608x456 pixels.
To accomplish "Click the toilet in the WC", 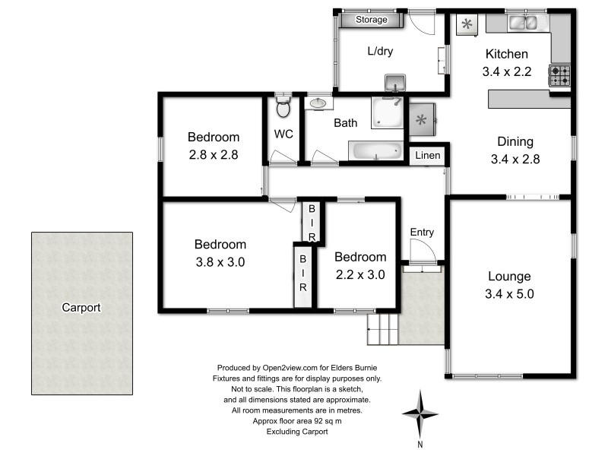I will tap(283, 109).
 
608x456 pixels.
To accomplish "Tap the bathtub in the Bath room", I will tap(376, 150).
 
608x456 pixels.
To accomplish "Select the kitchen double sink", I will tap(523, 24).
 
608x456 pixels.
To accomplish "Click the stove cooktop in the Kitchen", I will tap(560, 75).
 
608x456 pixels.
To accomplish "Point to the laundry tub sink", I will tap(395, 81).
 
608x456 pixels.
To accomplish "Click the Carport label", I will tap(81, 308).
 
